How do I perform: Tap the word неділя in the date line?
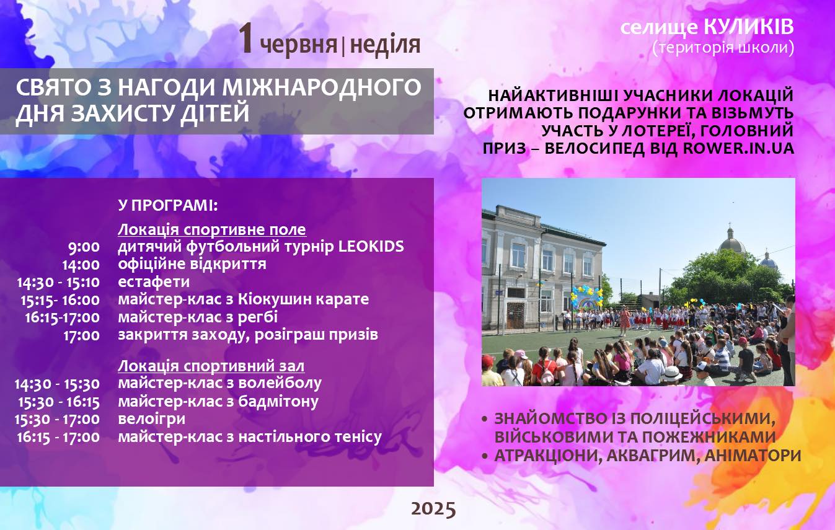click(385, 45)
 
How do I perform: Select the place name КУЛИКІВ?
click(749, 27)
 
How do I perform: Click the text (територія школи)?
click(723, 48)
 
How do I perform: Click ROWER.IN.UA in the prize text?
click(738, 148)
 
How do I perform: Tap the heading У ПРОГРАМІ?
click(168, 205)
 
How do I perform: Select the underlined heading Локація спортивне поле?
click(212, 229)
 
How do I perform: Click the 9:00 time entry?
click(84, 247)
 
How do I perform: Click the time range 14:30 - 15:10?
click(58, 282)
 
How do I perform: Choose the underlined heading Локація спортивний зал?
click(211, 366)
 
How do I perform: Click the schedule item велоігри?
click(151, 419)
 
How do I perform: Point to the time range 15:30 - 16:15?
click(59, 402)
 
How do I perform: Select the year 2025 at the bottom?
click(433, 509)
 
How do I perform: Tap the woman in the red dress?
click(624, 321)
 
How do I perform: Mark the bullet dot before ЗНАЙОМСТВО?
click(485, 419)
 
